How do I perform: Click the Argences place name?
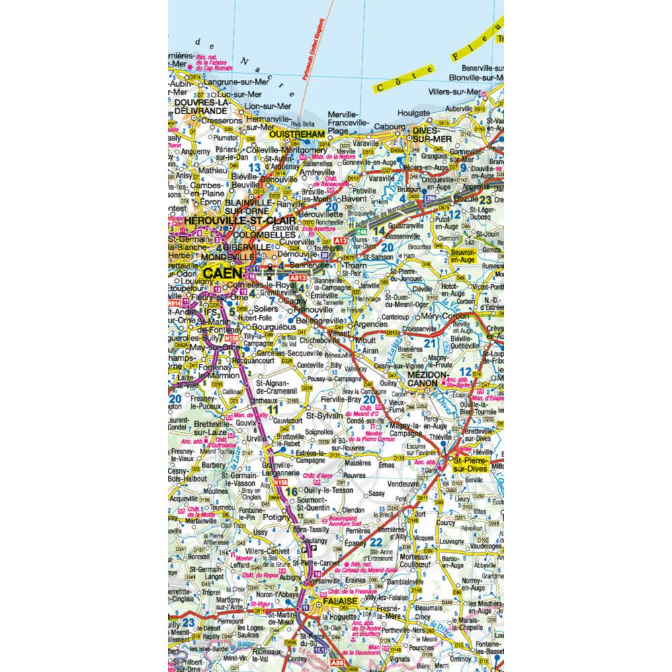click(370, 323)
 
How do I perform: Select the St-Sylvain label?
click(324, 415)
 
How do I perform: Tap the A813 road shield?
click(296, 276)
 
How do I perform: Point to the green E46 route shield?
click(361, 233)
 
